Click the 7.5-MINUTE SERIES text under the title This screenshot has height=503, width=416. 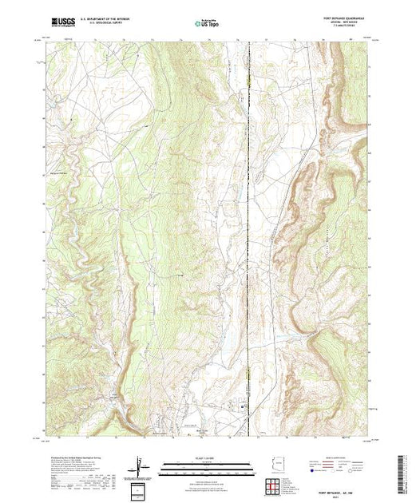click(345, 30)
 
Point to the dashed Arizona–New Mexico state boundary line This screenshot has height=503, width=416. click(249, 240)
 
